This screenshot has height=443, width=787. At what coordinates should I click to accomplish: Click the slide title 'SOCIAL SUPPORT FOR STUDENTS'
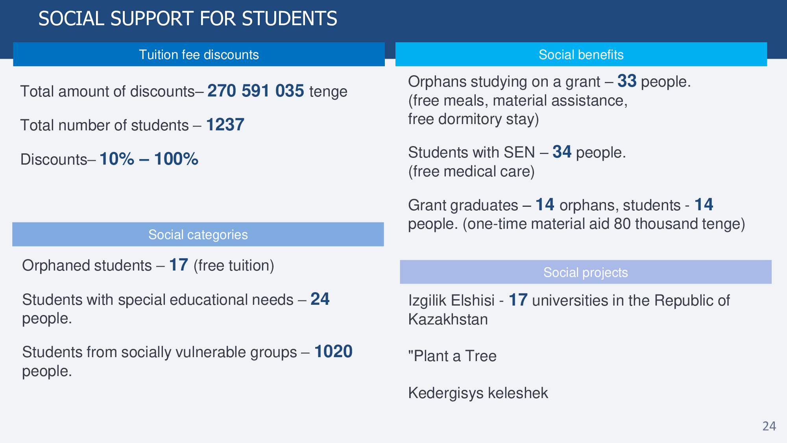click(188, 19)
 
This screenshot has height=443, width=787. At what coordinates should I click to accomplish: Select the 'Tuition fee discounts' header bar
click(199, 54)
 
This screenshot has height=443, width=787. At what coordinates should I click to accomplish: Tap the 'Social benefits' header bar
click(581, 54)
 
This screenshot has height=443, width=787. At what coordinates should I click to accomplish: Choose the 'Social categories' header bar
click(198, 234)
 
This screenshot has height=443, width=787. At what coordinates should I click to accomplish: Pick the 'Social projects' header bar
click(586, 272)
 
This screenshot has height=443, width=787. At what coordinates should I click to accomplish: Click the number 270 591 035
click(256, 91)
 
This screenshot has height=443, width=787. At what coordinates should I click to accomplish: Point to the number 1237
click(225, 125)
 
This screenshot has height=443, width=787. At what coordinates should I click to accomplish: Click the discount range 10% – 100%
click(149, 159)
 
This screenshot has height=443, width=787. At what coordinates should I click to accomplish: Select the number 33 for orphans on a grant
click(627, 81)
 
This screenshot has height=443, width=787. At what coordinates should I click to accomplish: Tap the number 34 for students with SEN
click(562, 152)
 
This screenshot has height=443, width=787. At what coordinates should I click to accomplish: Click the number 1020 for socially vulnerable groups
click(333, 352)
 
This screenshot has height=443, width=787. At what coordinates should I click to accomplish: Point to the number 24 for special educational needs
click(320, 299)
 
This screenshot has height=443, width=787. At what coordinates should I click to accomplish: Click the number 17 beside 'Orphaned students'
click(179, 265)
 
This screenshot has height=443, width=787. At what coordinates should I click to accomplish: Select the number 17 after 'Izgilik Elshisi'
click(518, 300)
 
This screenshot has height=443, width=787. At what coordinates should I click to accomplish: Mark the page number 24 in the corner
click(769, 426)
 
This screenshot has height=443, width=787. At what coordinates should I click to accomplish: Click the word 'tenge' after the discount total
click(328, 91)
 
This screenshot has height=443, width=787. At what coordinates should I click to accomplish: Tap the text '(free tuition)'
click(234, 265)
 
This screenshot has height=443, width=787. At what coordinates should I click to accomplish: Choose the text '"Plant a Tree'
click(452, 356)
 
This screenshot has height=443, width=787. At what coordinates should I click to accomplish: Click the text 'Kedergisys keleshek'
click(478, 393)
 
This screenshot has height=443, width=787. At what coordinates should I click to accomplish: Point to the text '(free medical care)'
click(471, 172)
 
